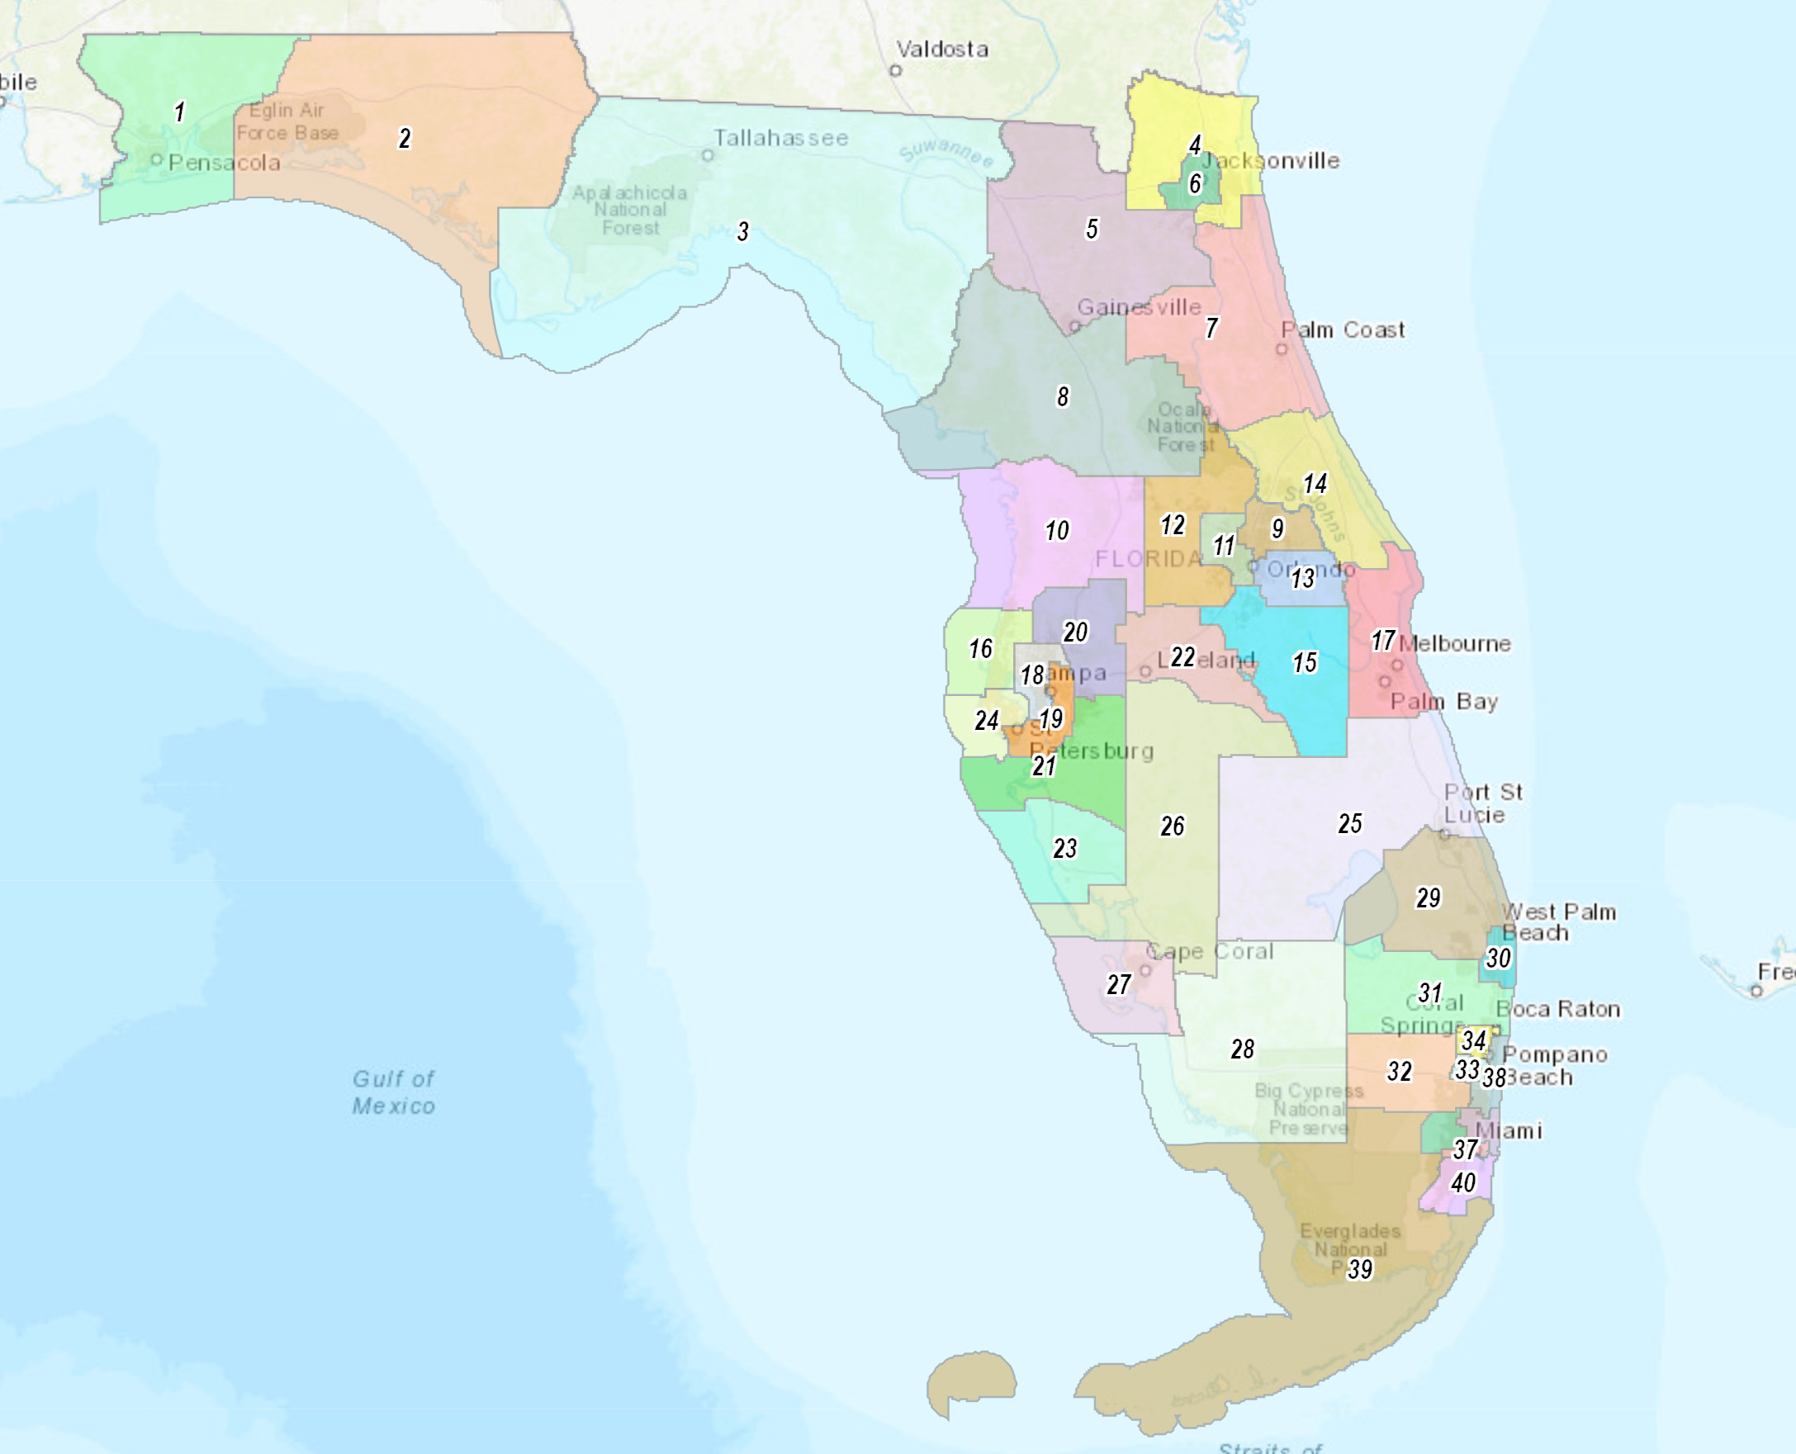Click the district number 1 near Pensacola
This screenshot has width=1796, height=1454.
pos(179,111)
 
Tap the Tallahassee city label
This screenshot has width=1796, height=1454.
pos(780,138)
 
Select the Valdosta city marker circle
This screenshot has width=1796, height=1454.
pos(895,70)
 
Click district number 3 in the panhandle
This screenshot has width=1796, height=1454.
pos(742,231)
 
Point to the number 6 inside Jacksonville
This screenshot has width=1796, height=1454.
pos(1196,182)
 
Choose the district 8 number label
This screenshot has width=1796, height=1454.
pos(1063,396)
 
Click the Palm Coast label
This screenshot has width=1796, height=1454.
pos(1343,330)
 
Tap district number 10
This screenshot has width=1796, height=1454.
pos(1056,530)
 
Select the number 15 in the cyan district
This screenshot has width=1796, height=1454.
pos(1305,663)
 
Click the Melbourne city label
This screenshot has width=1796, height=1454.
pos(1455,643)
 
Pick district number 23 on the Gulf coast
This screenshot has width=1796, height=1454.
pos(1064,849)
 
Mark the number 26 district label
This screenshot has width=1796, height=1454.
pos(1172,826)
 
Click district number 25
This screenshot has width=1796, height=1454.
pos(1349,823)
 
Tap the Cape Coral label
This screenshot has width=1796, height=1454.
pos(1210,951)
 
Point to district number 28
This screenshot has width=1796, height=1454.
pos(1242,1049)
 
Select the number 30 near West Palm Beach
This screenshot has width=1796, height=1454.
pos(1498,958)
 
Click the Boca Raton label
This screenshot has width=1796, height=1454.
pos(1558,1008)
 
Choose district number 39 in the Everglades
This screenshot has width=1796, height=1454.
pos(1359,1269)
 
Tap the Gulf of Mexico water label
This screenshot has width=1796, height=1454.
pos(394,1092)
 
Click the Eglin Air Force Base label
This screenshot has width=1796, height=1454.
pos(287,121)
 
